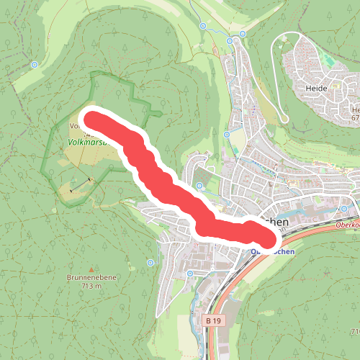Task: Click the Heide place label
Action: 317,88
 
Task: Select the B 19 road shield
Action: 212,320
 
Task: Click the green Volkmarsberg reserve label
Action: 86,143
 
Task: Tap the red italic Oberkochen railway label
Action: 347,225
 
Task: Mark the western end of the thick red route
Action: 92,118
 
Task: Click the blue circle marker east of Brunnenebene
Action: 150,262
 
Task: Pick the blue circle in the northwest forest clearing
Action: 34,64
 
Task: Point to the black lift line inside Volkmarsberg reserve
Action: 81,184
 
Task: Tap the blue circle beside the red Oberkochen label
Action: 343,210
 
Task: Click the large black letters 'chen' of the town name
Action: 276,223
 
